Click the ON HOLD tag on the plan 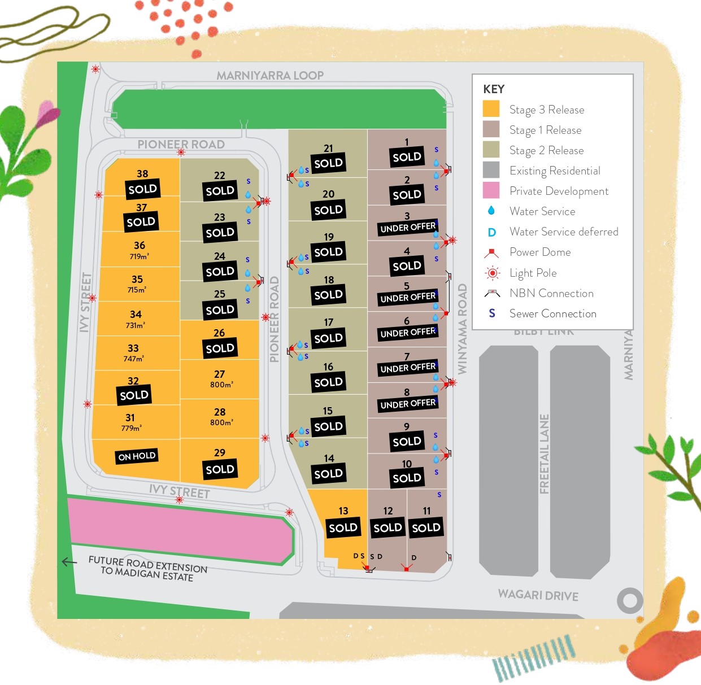[x=137, y=456]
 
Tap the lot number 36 [x=140, y=246]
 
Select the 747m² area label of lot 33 [x=134, y=359]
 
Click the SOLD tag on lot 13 [x=343, y=527]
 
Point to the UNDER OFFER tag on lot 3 [x=408, y=227]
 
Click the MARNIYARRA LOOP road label [x=270, y=76]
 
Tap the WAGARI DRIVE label [x=538, y=595]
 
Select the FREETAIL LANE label [x=545, y=454]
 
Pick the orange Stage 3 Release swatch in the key [x=491, y=109]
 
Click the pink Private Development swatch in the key [x=491, y=190]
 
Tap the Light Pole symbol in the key [x=493, y=273]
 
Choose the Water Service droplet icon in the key [x=491, y=211]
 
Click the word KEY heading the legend [x=494, y=89]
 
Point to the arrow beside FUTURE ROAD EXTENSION [x=69, y=562]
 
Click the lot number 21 [x=328, y=149]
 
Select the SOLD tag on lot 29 [x=220, y=469]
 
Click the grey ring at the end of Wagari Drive [x=630, y=601]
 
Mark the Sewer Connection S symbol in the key [x=492, y=313]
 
